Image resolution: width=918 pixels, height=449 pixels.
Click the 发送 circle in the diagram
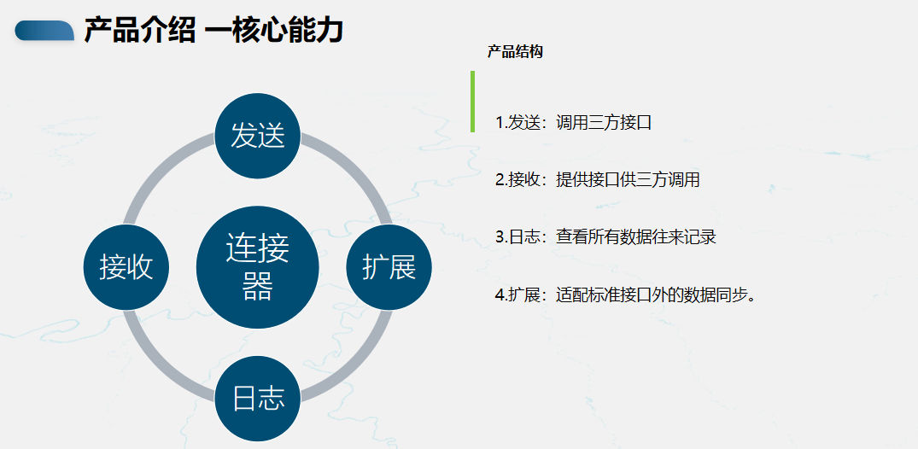click(258, 136)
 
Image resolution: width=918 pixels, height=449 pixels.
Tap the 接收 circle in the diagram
click(126, 267)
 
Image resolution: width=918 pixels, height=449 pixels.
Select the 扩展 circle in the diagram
click(389, 267)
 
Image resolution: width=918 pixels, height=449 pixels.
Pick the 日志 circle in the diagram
click(258, 399)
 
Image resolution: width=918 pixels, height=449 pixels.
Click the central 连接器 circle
click(258, 267)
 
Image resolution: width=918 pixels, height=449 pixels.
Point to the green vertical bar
click(472, 102)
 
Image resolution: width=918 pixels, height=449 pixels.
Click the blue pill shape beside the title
click(44, 31)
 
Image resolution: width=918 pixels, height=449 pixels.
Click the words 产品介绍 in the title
click(140, 31)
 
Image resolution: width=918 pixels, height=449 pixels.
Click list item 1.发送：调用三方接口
click(573, 123)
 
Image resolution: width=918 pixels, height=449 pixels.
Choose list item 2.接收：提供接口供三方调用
click(597, 180)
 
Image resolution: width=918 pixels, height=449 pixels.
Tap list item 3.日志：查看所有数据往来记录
click(605, 237)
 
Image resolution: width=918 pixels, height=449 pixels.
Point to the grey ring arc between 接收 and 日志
click(161, 364)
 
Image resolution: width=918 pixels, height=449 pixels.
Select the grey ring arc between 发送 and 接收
click(161, 171)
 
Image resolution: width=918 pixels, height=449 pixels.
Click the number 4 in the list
click(500, 295)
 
